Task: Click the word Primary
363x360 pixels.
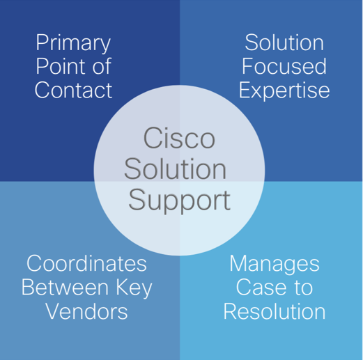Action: tap(73, 43)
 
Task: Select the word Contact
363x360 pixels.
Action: tap(73, 90)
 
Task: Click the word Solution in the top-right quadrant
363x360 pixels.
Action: tap(284, 42)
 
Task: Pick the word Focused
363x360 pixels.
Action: tap(284, 66)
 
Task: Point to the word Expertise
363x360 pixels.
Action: tap(284, 91)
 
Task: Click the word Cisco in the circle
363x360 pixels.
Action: tap(179, 138)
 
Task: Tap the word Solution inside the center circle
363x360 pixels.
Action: tap(175, 169)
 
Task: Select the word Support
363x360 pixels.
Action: tap(179, 201)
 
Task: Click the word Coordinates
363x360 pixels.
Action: tap(86, 263)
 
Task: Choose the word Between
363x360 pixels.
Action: tap(65, 288)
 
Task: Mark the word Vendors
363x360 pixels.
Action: tap(87, 311)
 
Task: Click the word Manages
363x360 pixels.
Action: tap(275, 265)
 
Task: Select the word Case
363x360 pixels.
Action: tap(261, 288)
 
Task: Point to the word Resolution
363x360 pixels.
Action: tap(275, 311)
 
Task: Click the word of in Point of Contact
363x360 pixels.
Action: tap(102, 66)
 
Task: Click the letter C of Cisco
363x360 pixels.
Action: tap(153, 138)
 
